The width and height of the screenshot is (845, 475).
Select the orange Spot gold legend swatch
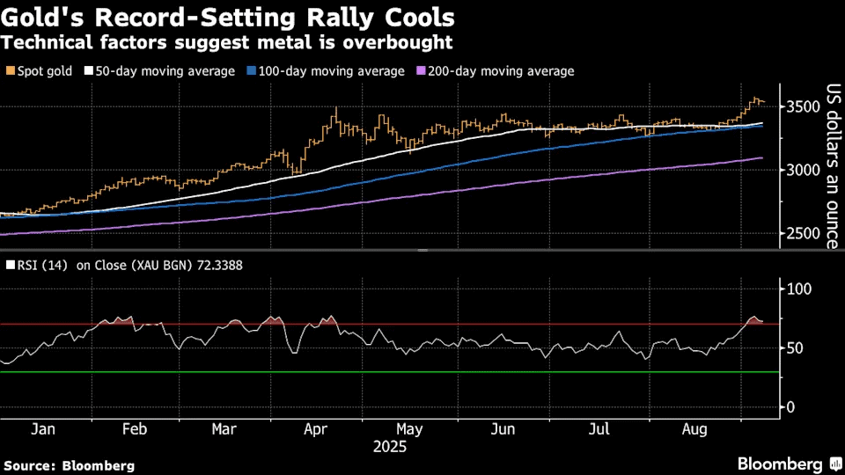tap(9, 71)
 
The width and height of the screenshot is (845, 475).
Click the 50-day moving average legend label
tap(164, 71)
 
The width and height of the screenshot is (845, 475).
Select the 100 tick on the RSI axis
tap(797, 289)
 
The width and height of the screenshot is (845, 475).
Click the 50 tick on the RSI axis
tap(794, 348)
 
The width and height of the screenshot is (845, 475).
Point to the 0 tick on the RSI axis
tap(790, 407)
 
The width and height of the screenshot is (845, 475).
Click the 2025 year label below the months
tap(389, 447)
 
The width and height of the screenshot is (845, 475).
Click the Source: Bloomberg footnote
tap(70, 465)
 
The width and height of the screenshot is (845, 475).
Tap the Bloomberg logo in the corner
tap(780, 464)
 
